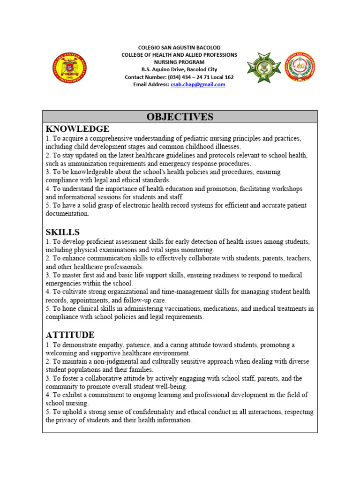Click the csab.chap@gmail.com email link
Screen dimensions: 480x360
pos(198,85)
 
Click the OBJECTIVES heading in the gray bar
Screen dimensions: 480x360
pos(180,117)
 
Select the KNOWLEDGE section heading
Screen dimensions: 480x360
pos(77,129)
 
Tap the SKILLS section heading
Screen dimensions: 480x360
pos(62,232)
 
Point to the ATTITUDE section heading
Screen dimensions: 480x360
pos(70,335)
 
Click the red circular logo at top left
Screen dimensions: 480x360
pos(68,67)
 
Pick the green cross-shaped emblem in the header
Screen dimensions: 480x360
pos(264,67)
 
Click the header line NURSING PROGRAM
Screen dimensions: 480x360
pos(180,62)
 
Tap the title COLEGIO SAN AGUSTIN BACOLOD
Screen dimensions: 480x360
pos(180,48)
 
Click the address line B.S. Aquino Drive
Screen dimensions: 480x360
pos(180,70)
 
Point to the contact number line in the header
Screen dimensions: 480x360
pos(180,77)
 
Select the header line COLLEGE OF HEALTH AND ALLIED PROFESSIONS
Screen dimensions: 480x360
pos(180,55)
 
